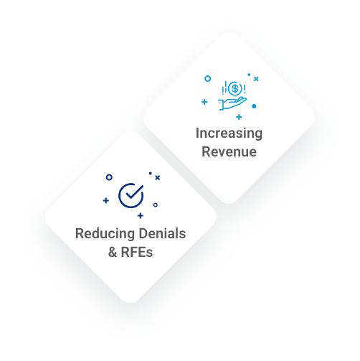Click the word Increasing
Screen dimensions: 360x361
click(229, 133)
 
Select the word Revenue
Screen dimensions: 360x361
click(229, 151)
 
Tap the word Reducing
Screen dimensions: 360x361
click(105, 234)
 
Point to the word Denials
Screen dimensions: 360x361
click(163, 233)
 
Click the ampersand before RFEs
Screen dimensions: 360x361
click(113, 252)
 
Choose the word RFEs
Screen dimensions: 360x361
click(137, 252)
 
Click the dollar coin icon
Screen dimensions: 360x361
click(235, 88)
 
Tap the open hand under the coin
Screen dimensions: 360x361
click(232, 103)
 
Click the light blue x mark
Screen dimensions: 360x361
click(256, 79)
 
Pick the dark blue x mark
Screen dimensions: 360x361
click(158, 177)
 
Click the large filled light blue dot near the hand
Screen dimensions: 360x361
click(254, 106)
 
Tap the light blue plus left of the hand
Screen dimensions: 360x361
click(204, 102)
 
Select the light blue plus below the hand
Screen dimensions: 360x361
click(239, 117)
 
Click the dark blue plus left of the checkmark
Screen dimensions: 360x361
click(106, 200)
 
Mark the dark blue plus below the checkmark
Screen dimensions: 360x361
click(141, 216)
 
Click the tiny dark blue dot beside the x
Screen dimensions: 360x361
click(151, 173)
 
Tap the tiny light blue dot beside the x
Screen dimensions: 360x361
click(249, 75)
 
